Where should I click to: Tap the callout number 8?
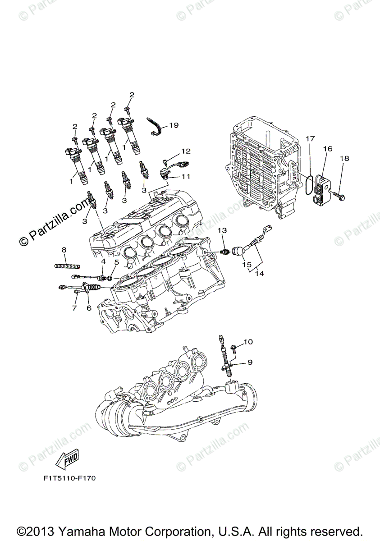64,250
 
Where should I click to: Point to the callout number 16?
327,148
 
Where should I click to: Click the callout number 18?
345,158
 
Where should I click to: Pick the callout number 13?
222,230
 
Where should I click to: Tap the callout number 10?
249,342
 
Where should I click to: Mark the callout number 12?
186,151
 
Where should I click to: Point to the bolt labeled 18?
339,197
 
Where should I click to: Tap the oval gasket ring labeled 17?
308,185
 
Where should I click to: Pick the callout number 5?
116,261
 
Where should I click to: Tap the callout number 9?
249,362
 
